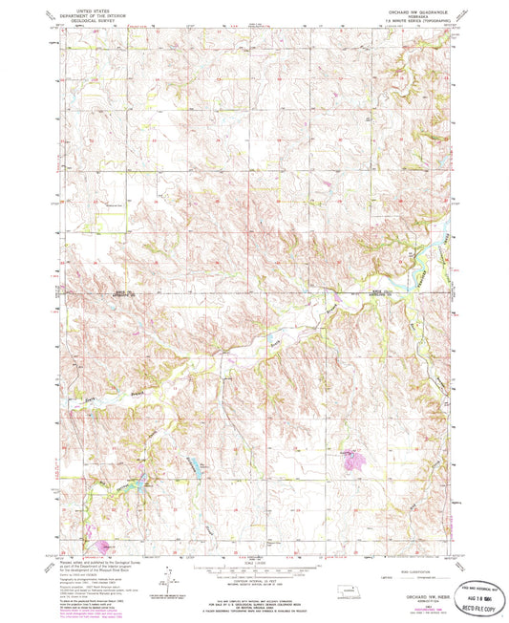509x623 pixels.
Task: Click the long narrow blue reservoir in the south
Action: click(x=196, y=465)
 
